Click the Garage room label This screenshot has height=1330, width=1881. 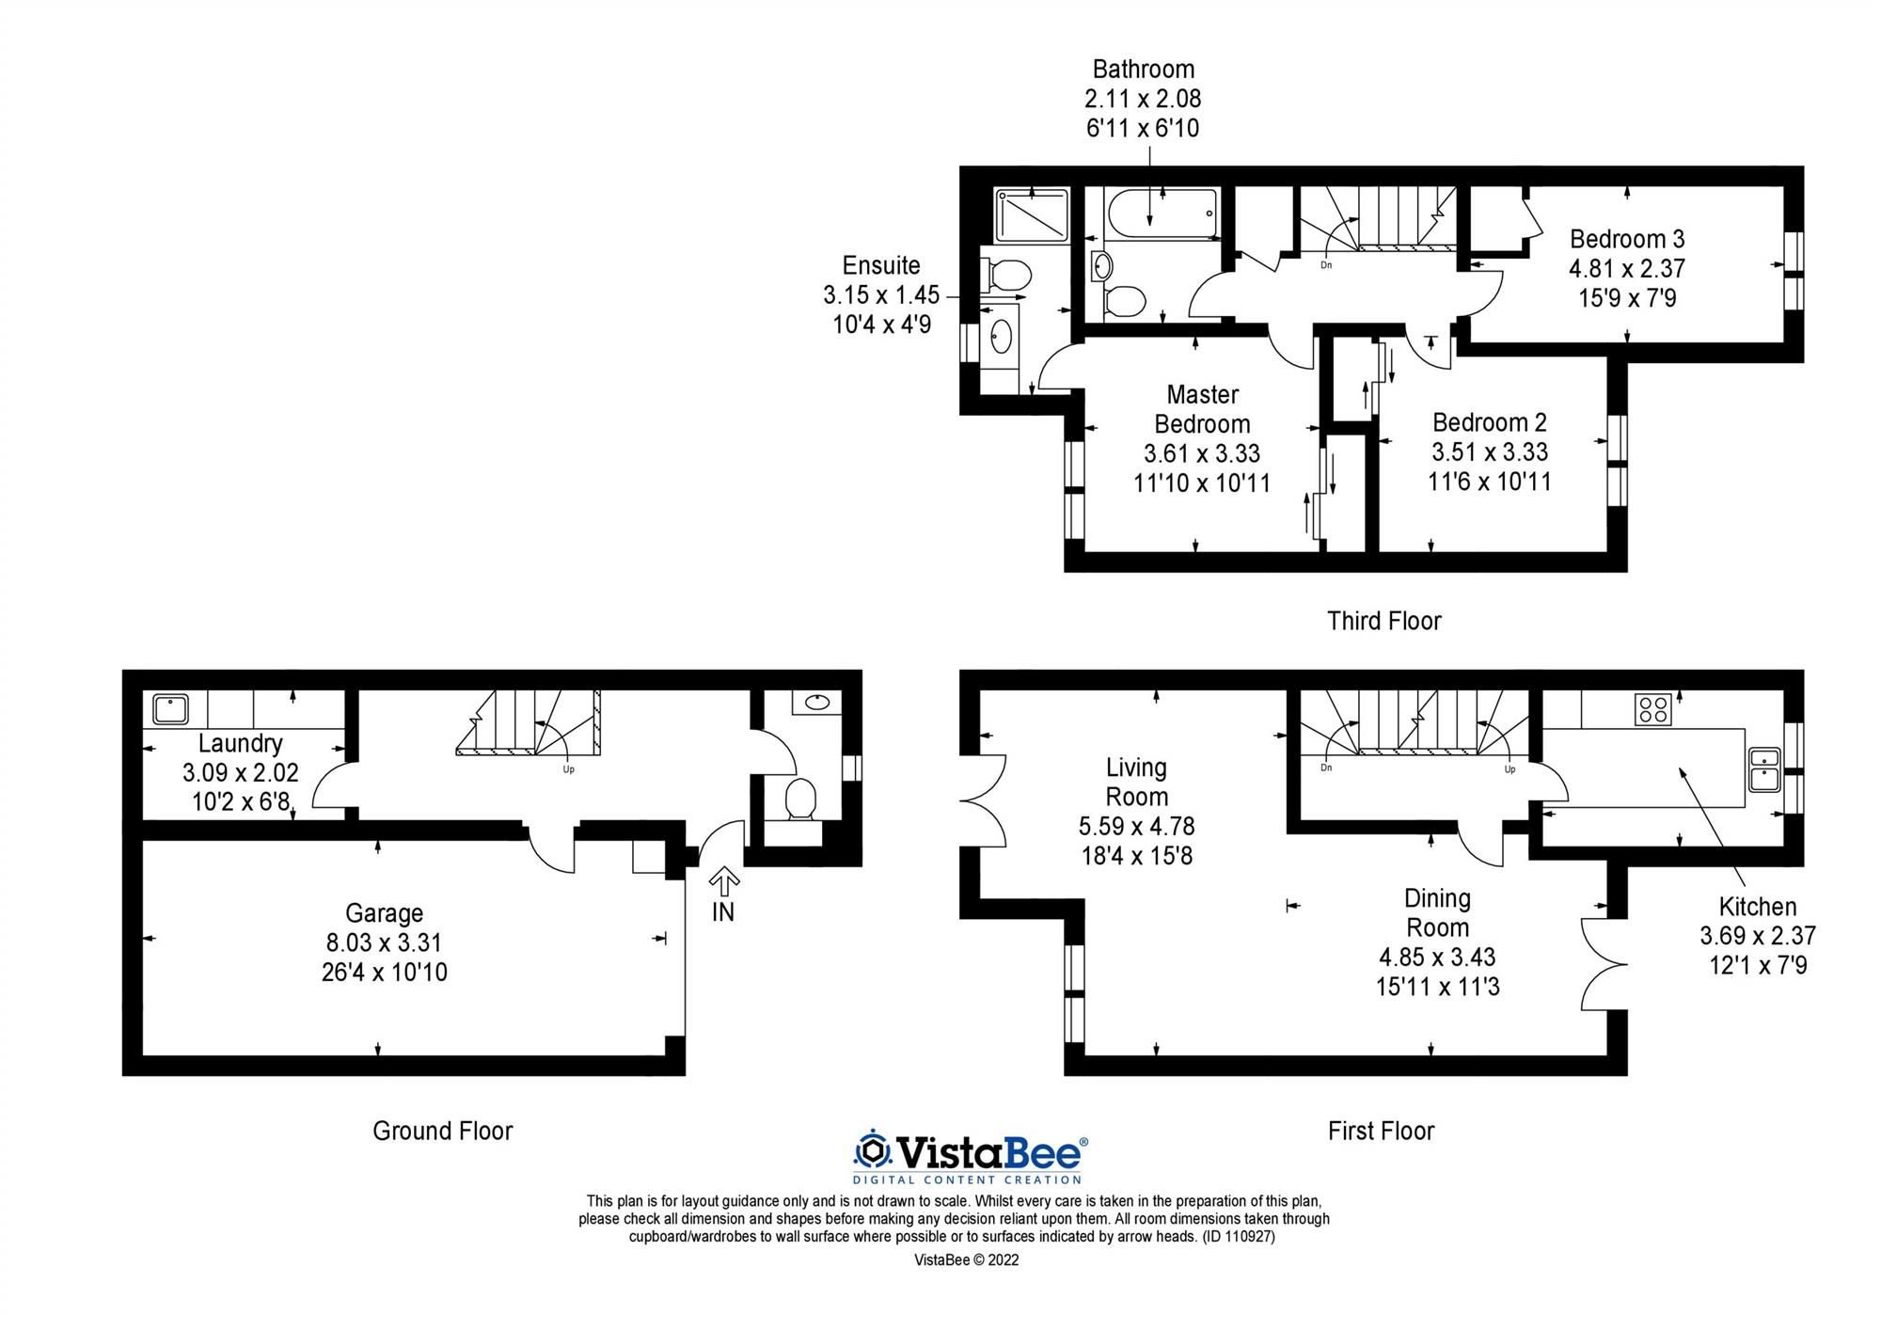[384, 912]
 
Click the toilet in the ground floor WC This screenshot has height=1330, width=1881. [801, 799]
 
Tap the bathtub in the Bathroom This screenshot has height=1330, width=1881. [1163, 215]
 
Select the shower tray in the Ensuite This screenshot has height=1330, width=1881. [1033, 215]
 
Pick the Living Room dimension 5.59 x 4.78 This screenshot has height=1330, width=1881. [1136, 827]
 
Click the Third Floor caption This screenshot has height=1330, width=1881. [1383, 621]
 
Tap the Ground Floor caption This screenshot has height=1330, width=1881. [442, 1131]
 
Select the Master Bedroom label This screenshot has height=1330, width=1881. [1202, 409]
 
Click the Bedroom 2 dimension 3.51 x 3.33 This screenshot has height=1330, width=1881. [1489, 452]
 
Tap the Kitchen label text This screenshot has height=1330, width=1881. [1757, 907]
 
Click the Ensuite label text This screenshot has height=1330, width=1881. [880, 265]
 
